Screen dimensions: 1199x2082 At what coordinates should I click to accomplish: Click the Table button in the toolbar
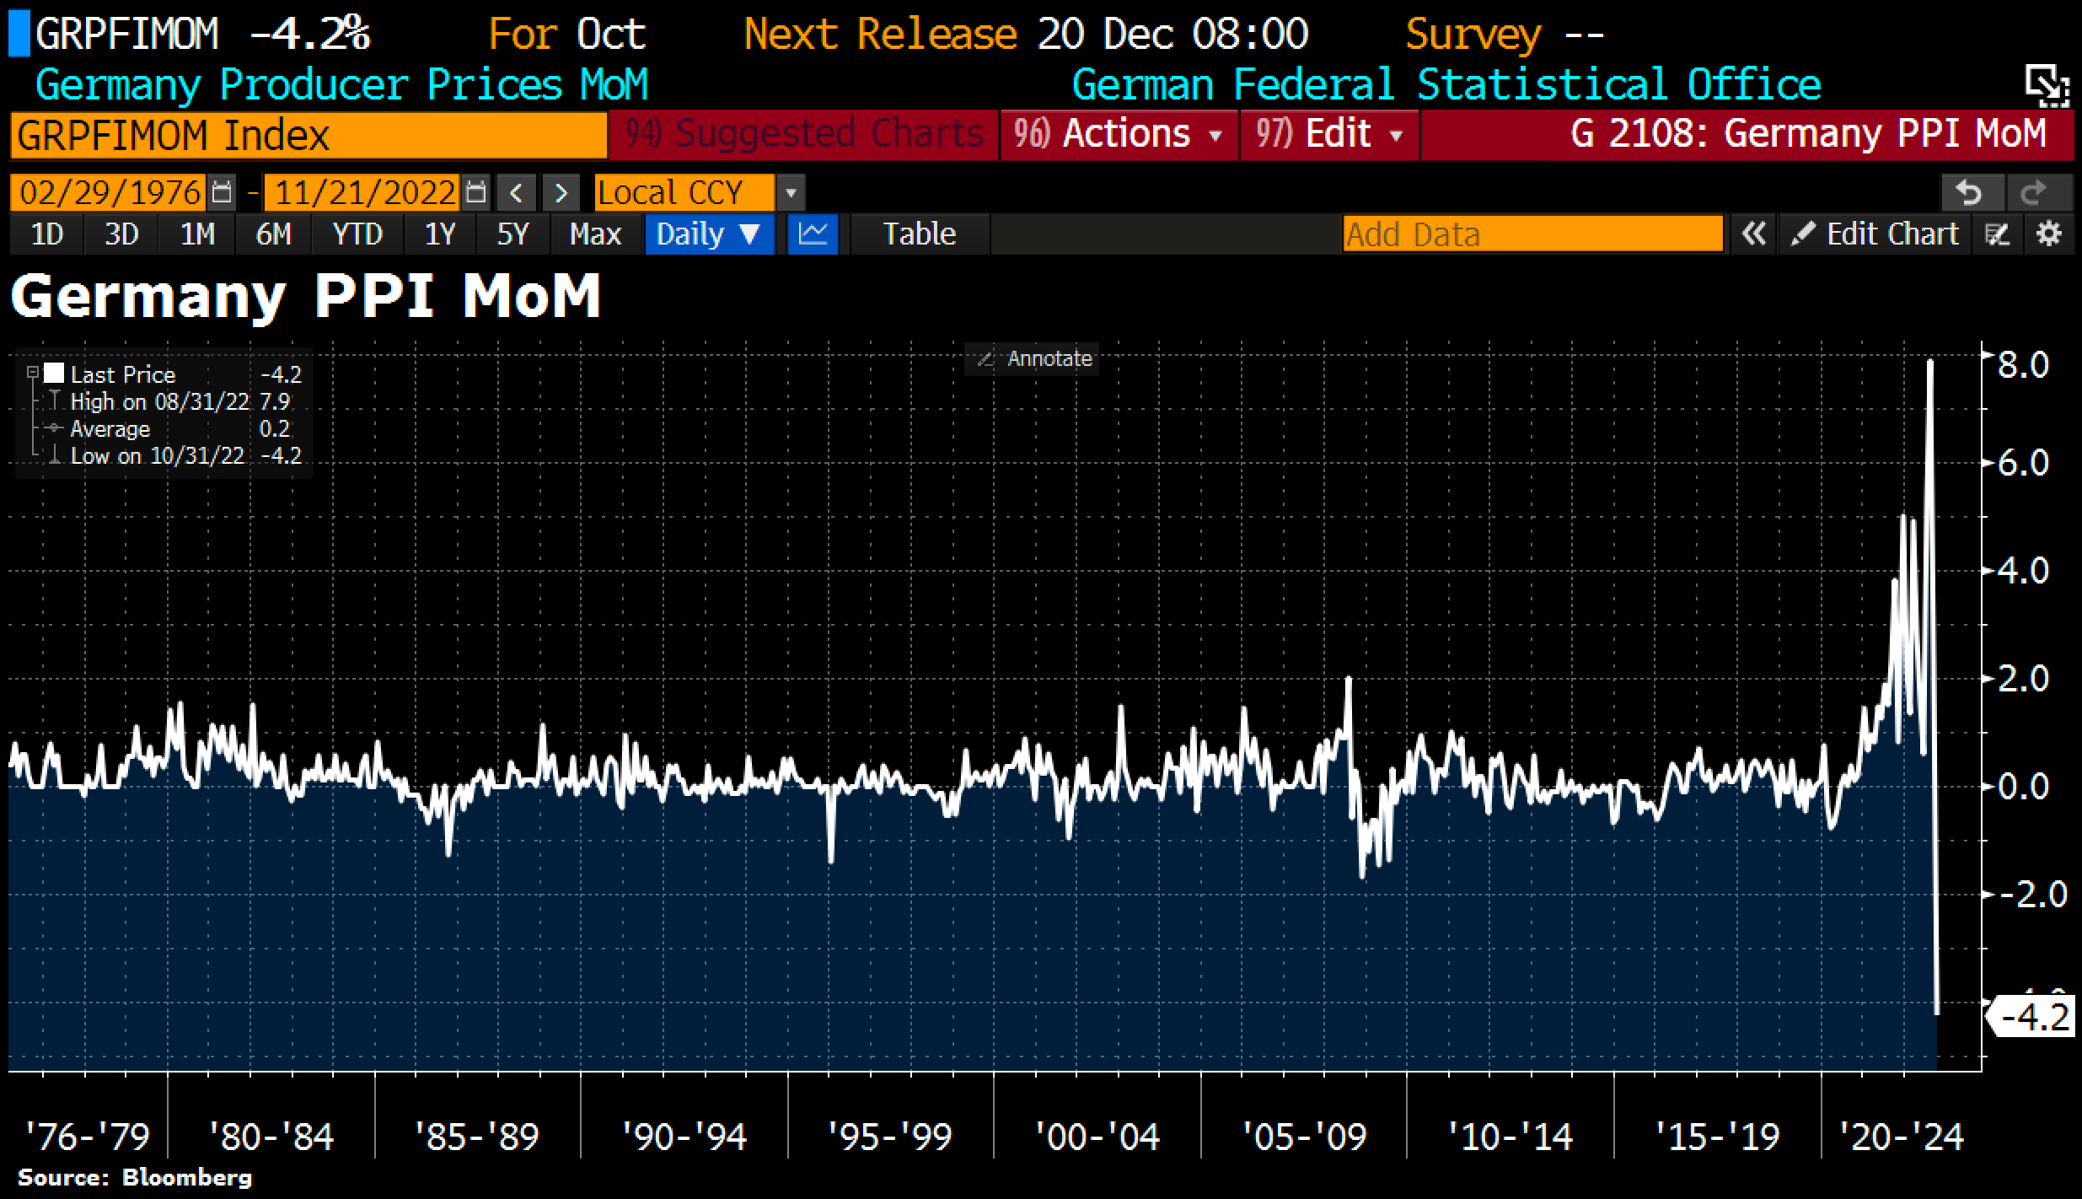point(919,234)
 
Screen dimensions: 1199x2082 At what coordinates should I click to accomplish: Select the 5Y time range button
point(512,234)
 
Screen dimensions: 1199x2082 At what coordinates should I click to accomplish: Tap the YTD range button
point(357,234)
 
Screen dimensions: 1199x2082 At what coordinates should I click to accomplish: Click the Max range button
point(595,234)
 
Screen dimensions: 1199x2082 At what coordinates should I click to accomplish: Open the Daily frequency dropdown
point(708,234)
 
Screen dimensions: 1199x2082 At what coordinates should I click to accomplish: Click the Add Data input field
point(1532,234)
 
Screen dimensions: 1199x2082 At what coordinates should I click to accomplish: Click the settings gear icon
point(2049,234)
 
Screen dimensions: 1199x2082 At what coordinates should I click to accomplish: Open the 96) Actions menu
point(1118,134)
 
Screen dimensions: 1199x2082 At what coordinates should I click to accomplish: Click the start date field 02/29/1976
point(110,193)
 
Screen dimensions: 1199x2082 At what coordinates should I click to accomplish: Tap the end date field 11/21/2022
point(364,193)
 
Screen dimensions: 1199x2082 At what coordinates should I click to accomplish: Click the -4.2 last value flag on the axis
point(2034,1018)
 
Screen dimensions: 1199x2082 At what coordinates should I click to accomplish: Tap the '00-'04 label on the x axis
point(1097,1137)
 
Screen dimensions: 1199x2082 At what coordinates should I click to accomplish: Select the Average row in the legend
point(110,429)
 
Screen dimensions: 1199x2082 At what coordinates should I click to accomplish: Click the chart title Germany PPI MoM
point(305,297)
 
